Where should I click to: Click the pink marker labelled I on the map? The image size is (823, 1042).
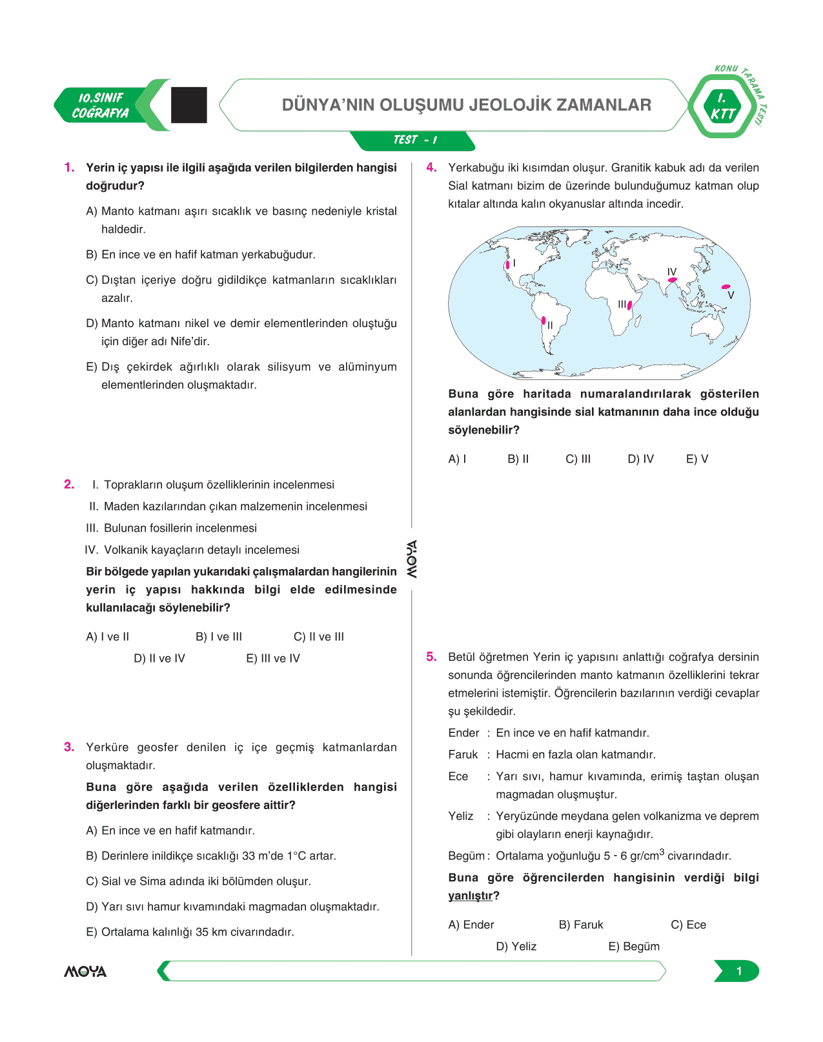coord(508,264)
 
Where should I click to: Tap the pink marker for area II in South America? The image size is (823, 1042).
coord(544,321)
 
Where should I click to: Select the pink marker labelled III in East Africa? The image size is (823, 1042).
coord(629,305)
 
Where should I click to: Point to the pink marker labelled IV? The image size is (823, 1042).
coord(672,280)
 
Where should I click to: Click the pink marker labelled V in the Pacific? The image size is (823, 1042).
coord(726,286)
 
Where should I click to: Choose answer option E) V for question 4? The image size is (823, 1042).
coord(696,459)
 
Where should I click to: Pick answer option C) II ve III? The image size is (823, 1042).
coord(319,637)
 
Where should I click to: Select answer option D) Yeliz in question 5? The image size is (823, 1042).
coord(516,947)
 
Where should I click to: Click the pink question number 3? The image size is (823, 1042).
coord(69,747)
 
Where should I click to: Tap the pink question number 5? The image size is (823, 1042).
coord(431,657)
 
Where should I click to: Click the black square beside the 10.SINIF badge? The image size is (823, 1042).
coord(189,105)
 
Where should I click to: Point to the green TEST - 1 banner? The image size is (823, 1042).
coord(414,140)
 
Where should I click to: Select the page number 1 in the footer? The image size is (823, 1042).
coord(738,971)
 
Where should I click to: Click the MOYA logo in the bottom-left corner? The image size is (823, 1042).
coord(85,972)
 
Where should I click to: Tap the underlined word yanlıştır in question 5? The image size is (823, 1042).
coord(470,896)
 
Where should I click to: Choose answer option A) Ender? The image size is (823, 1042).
coord(471,925)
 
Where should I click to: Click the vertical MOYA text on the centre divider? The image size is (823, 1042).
coord(411,559)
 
